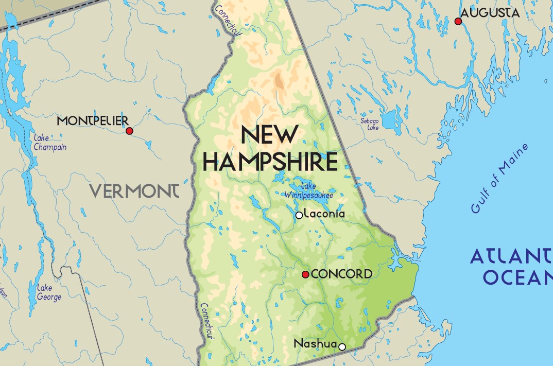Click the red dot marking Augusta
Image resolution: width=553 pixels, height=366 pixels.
[458, 21]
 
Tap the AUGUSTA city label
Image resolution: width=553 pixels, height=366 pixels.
[490, 13]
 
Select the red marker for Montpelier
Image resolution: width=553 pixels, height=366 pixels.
[129, 131]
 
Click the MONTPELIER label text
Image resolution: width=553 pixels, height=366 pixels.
[92, 121]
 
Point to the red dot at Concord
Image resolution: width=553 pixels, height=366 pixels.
[305, 274]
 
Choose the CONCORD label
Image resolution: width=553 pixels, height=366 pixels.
[341, 274]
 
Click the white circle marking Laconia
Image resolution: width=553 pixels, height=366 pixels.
[299, 215]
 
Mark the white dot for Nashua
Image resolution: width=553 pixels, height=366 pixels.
[341, 346]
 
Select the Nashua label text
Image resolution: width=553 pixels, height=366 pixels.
[315, 343]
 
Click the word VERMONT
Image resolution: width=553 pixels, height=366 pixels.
[135, 191]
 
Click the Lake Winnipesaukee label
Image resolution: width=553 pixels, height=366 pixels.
[309, 191]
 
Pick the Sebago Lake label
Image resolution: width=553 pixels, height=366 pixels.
[369, 124]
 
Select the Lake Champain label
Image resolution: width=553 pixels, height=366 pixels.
[49, 142]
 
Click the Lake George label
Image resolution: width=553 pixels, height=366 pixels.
[49, 292]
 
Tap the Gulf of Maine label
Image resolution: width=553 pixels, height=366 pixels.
[499, 178]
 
